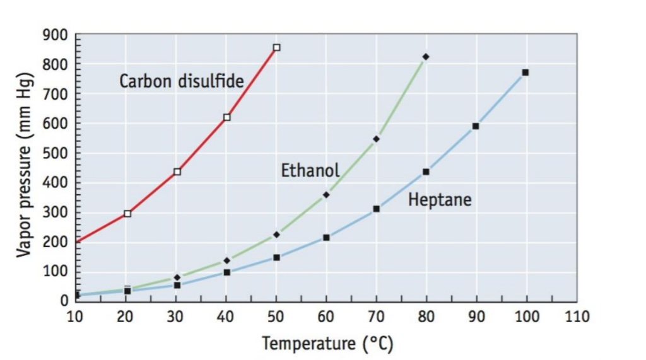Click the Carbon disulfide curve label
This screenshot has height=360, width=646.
(181, 81)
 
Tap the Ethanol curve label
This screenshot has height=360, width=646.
(310, 170)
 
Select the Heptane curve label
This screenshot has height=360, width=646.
(440, 200)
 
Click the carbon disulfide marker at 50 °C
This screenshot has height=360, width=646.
(276, 47)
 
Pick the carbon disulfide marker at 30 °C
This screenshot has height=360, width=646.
(177, 171)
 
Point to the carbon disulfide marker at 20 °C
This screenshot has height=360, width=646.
(127, 214)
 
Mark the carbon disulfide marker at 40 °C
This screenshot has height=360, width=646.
(227, 117)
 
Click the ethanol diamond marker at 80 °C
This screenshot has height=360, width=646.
(426, 57)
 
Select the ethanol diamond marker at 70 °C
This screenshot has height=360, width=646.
(376, 139)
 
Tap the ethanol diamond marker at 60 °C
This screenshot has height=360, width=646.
(326, 195)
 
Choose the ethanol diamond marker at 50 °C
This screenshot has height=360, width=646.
(276, 235)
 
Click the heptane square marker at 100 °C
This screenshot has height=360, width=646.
(525, 73)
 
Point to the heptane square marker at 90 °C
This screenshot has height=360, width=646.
(476, 126)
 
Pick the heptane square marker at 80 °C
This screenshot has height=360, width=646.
(426, 171)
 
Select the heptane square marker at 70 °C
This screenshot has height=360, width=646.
(376, 209)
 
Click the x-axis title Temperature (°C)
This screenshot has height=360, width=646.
(327, 344)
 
